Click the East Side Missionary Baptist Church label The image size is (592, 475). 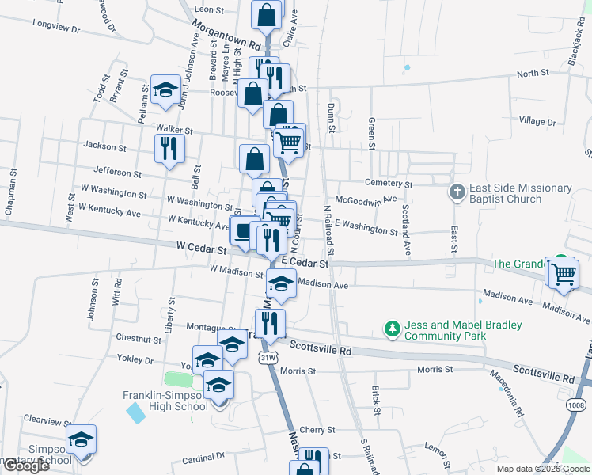tap(520, 193)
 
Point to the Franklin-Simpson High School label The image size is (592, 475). tap(165, 401)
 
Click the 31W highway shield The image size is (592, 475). tap(268, 358)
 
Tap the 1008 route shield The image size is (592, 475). tap(576, 405)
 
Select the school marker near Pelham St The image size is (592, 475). tap(165, 90)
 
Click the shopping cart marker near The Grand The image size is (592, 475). tap(563, 273)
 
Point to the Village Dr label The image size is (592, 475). tap(537, 121)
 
